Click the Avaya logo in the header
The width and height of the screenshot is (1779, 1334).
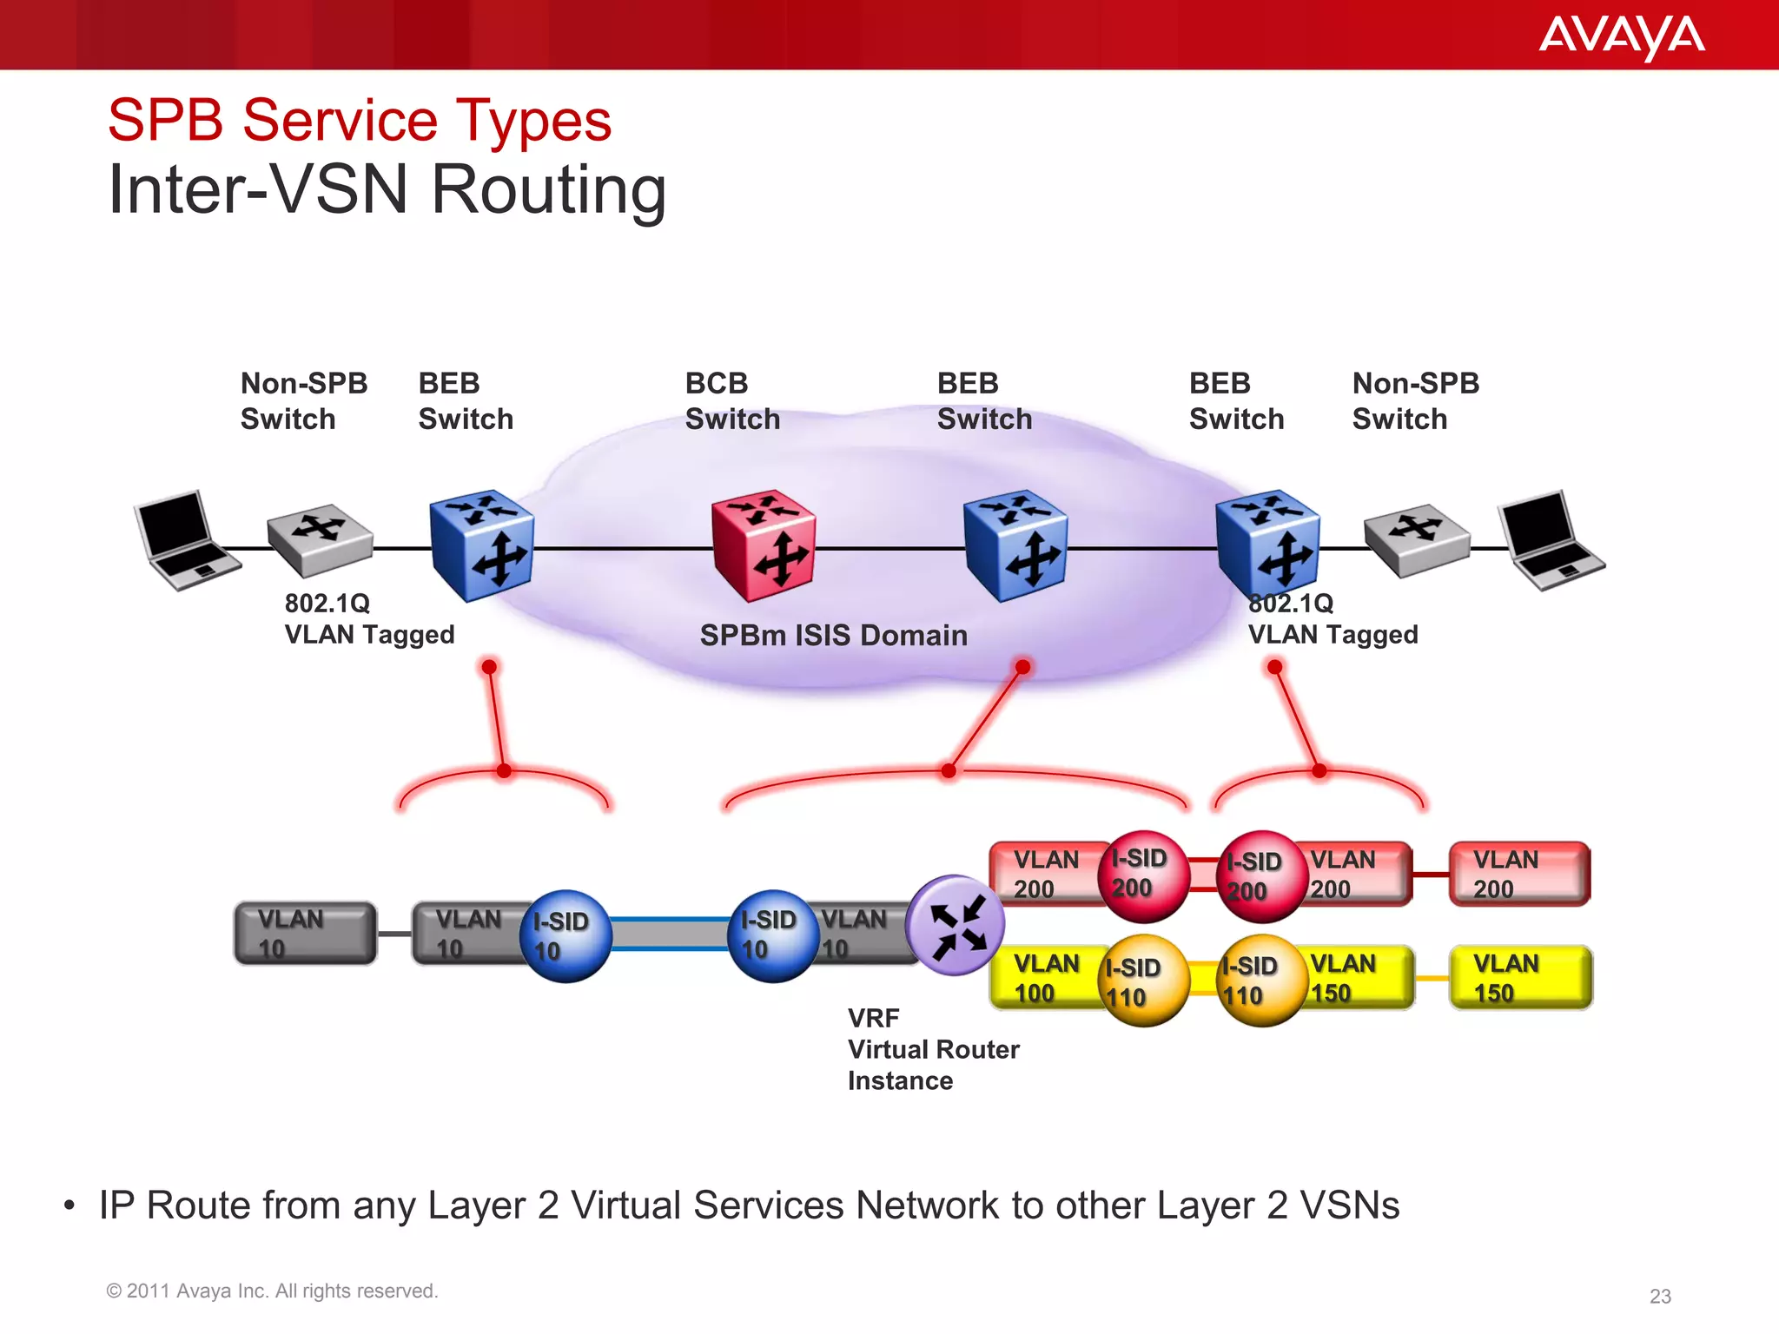pyautogui.click(x=1621, y=37)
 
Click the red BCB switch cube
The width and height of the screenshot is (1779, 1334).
pyautogui.click(x=763, y=545)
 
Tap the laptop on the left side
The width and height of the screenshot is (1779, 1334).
pyautogui.click(x=185, y=540)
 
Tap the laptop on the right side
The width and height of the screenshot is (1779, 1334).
pyautogui.click(x=1550, y=540)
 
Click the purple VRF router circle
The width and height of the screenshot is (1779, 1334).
pyautogui.click(x=956, y=925)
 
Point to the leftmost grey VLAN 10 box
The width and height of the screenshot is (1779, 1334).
pyautogui.click(x=305, y=933)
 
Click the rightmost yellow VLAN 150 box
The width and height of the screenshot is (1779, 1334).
pyautogui.click(x=1520, y=978)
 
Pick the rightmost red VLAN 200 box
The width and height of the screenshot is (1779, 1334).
pyautogui.click(x=1519, y=874)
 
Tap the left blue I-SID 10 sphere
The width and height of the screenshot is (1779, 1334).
pyautogui.click(x=565, y=936)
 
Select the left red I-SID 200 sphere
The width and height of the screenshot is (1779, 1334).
pyautogui.click(x=1142, y=875)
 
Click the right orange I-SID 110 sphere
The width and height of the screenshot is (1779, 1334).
pyautogui.click(x=1261, y=981)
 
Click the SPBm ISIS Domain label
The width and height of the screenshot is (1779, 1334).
pyautogui.click(x=833, y=635)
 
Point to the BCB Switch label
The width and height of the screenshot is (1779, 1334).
pyautogui.click(x=731, y=401)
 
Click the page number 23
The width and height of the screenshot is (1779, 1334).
pyautogui.click(x=1660, y=1296)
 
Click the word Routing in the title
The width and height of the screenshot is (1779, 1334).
pyautogui.click(x=549, y=190)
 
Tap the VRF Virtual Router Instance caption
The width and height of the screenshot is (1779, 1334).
pyautogui.click(x=932, y=1049)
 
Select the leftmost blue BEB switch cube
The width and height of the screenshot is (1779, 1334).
pyautogui.click(x=481, y=545)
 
